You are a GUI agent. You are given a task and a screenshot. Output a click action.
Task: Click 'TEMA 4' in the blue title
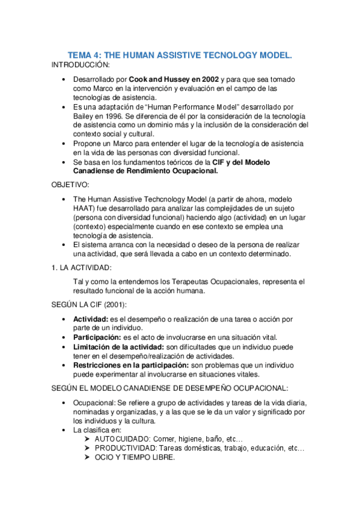84,55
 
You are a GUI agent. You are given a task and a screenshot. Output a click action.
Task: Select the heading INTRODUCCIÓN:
81,64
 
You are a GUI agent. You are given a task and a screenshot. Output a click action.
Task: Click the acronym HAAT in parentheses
85,209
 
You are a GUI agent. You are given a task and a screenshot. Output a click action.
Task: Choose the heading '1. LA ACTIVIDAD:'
82,267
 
